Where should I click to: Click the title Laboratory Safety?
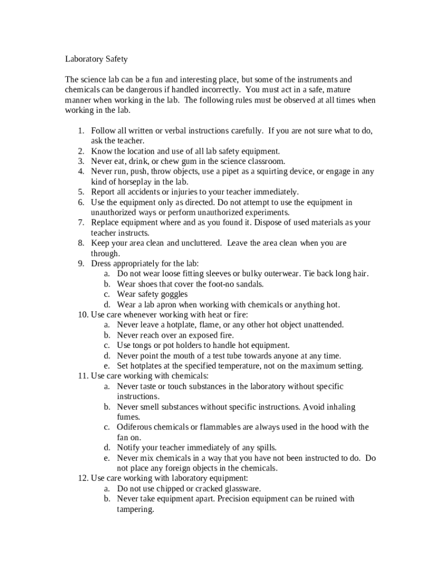click(96, 58)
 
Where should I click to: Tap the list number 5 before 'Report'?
click(81, 192)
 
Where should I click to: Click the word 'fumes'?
click(129, 417)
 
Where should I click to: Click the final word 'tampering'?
click(135, 509)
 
